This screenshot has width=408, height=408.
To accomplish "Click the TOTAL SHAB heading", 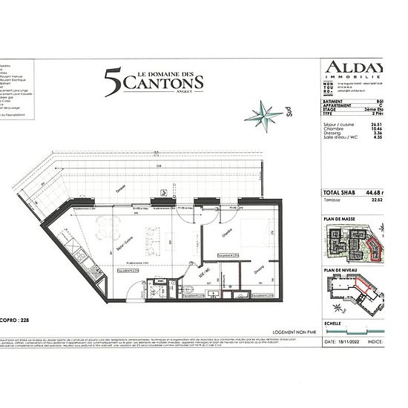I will [341, 192].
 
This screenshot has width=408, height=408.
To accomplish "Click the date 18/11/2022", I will [350, 343].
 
